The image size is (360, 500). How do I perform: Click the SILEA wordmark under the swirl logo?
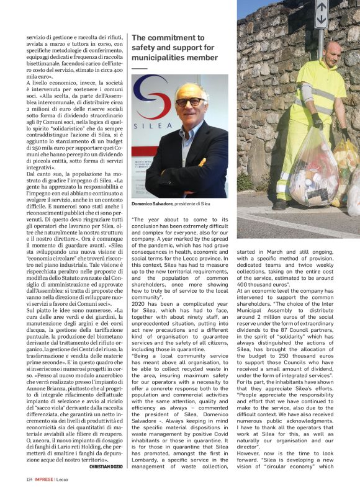pyautogui.click(x=147, y=123)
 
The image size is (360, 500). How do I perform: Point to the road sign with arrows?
pyautogui.click(x=322, y=13)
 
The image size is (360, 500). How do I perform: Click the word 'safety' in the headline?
pyautogui.click(x=145, y=48)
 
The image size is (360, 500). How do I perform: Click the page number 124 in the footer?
pyautogui.click(x=30, y=480)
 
